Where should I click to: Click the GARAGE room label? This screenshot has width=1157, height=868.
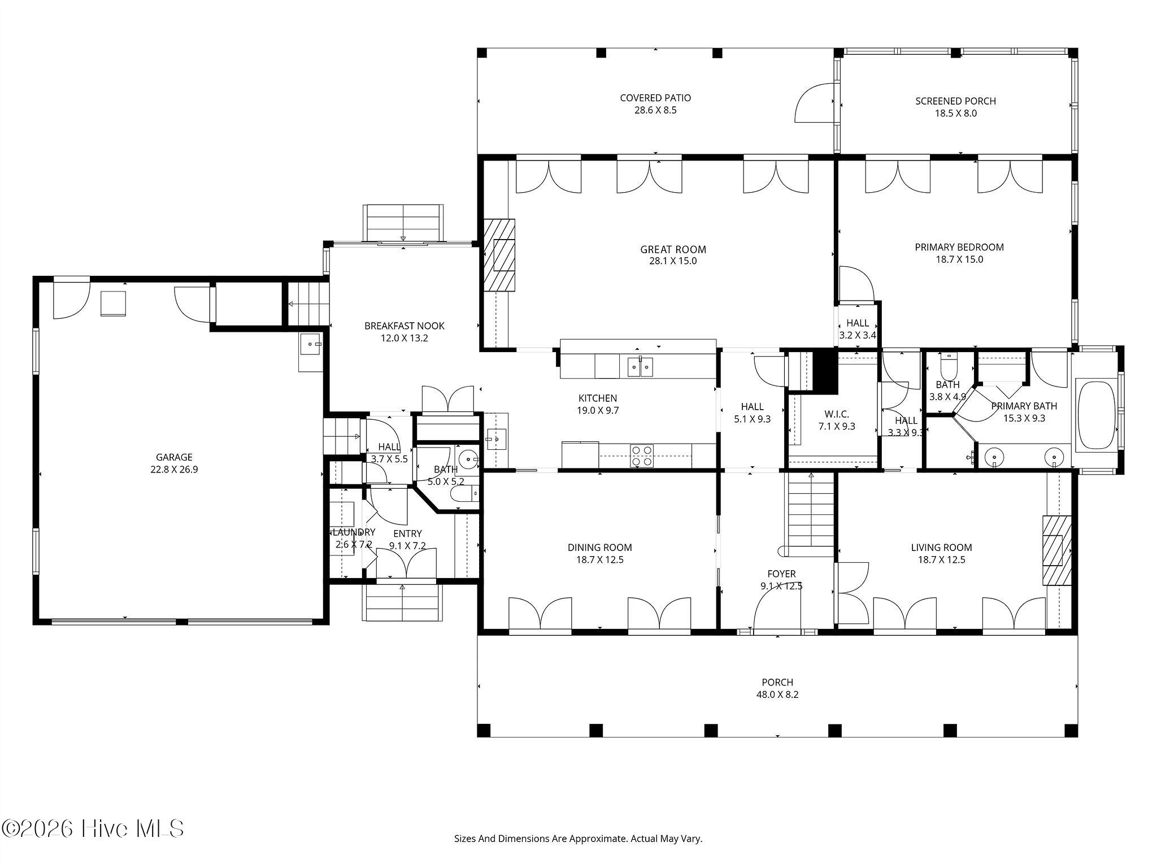(174, 457)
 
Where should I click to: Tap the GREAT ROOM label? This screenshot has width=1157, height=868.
(673, 249)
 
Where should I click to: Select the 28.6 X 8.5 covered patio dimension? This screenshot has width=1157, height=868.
(655, 110)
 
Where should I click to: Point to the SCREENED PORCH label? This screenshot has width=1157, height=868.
(955, 101)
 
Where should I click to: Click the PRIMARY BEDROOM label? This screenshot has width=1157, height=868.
(959, 247)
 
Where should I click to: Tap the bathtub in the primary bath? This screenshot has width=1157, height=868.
(1097, 415)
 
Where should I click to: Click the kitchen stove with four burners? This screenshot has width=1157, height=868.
(642, 456)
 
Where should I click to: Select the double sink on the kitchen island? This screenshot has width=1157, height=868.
(640, 367)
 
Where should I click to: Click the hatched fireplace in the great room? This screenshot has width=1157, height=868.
(499, 255)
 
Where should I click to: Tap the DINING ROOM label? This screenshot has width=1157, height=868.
(600, 548)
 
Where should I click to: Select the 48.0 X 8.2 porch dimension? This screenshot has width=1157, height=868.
(777, 695)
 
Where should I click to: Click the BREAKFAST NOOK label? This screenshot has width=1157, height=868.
(404, 326)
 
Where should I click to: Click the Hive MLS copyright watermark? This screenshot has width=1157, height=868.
(93, 829)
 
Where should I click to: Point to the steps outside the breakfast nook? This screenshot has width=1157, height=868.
(403, 223)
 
